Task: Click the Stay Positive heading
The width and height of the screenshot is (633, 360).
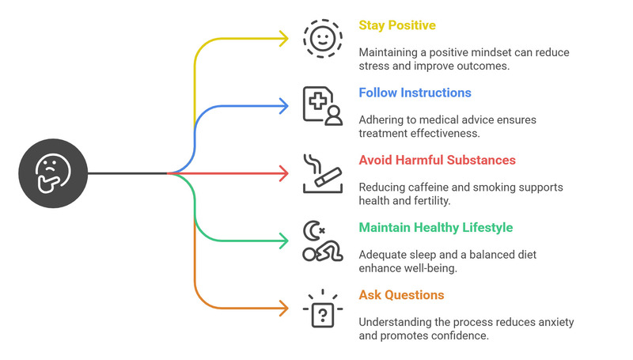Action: (x=397, y=25)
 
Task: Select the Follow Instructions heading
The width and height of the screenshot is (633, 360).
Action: (x=415, y=93)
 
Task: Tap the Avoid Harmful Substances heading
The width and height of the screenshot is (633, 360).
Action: (x=437, y=160)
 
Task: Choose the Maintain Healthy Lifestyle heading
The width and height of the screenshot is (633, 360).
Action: (x=435, y=228)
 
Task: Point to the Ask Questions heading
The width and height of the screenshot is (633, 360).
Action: (x=401, y=295)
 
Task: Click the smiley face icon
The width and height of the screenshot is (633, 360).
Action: (x=322, y=37)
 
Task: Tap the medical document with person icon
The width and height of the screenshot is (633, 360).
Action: (x=322, y=105)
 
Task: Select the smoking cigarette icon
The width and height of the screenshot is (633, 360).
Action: (x=322, y=172)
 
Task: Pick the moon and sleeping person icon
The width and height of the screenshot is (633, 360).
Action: (x=322, y=241)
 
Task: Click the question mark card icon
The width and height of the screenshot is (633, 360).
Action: (x=322, y=309)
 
